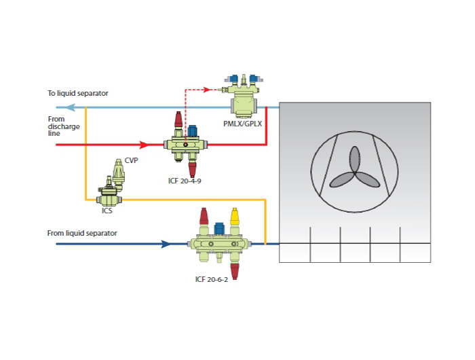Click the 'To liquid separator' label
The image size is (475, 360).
78,93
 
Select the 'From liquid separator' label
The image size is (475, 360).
82,233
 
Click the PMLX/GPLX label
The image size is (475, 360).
242,124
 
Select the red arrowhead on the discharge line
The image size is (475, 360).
143,145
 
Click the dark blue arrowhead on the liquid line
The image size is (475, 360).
164,243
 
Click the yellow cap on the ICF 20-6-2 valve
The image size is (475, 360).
235,217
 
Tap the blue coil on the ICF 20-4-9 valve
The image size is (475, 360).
192,130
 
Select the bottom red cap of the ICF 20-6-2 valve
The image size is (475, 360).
235,270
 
